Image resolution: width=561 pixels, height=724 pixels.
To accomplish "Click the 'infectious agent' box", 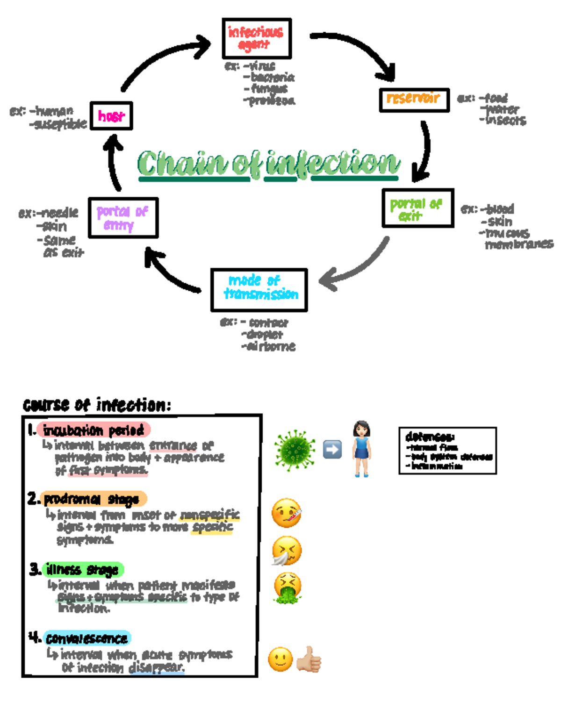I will point(257,38).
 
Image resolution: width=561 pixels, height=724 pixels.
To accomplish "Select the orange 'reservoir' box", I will point(414,100).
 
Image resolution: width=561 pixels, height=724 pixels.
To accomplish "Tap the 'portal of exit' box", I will point(417,208).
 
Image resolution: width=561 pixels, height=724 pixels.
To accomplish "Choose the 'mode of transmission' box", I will point(259,290).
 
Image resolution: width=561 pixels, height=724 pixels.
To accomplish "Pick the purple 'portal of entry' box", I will point(123,218).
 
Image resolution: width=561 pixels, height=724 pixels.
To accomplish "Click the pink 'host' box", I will point(111,116).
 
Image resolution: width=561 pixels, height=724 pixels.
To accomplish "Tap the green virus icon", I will point(295,449).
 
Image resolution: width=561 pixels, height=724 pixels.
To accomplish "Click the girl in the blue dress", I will point(361,449).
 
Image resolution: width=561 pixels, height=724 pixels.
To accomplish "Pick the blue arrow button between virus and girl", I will point(332,450).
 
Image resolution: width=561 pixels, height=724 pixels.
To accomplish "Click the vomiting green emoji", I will point(287,589).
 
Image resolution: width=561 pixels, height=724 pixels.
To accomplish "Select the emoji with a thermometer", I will point(287,513).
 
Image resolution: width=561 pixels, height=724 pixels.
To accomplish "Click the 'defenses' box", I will point(447,451).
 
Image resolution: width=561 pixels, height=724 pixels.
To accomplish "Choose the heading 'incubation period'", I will point(93,430).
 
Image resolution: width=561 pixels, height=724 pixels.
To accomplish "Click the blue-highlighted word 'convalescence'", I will point(87,638).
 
